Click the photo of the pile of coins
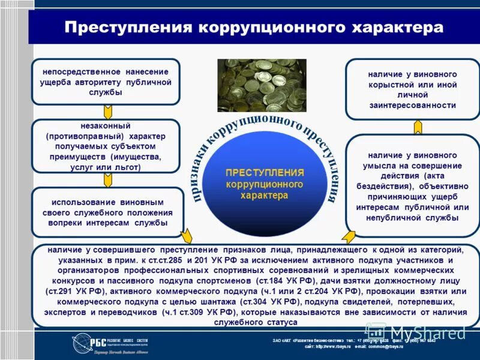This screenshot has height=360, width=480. [262, 85]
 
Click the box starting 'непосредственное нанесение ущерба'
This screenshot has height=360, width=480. [106, 82]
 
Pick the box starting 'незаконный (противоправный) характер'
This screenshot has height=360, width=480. [106, 146]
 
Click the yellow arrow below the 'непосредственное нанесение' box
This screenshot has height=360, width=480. [108, 112]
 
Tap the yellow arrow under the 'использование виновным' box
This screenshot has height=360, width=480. [187, 236]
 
